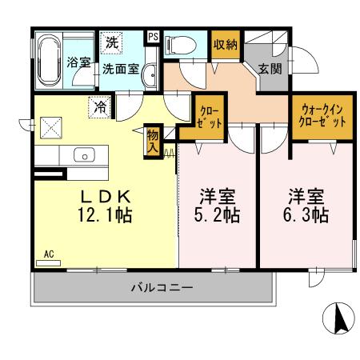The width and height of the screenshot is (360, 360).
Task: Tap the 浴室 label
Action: click(x=78, y=62)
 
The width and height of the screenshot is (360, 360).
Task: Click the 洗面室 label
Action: click(x=122, y=69)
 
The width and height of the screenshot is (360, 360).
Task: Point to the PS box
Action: click(x=153, y=37)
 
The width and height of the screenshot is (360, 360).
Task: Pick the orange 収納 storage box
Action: click(x=225, y=45)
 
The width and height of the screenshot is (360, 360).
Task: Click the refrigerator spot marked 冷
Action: click(x=101, y=105)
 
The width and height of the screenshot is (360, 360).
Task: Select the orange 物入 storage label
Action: click(x=152, y=140)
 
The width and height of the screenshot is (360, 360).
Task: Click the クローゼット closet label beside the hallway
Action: click(x=208, y=117)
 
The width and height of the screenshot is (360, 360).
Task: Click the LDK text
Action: click(x=103, y=196)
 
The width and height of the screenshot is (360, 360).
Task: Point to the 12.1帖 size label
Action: click(x=103, y=215)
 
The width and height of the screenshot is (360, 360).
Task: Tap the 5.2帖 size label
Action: click(x=218, y=215)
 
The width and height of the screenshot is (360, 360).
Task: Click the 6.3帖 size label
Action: click(x=307, y=215)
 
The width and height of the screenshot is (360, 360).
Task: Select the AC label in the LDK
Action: click(x=48, y=254)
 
